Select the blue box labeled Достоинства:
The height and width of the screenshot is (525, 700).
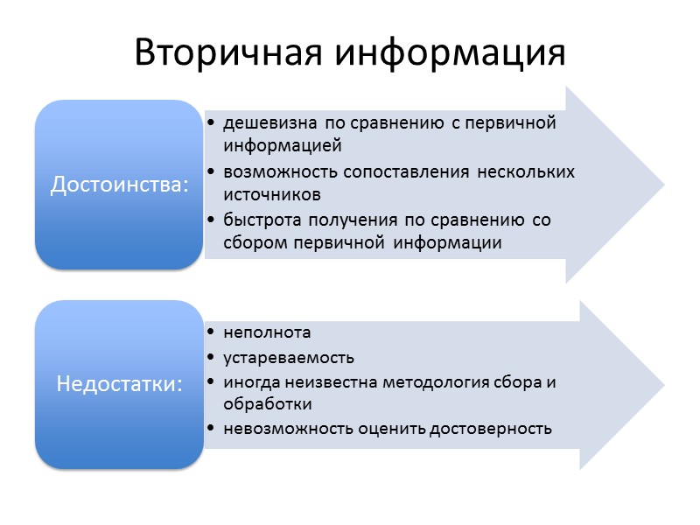120,185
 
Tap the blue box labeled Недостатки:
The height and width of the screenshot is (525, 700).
120,384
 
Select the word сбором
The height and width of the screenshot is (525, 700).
251,242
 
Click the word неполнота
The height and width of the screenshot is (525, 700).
267,332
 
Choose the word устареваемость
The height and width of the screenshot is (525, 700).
289,358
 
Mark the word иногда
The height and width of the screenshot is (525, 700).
248,382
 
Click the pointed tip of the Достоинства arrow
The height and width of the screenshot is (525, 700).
662,185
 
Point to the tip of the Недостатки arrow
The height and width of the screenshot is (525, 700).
662,384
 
